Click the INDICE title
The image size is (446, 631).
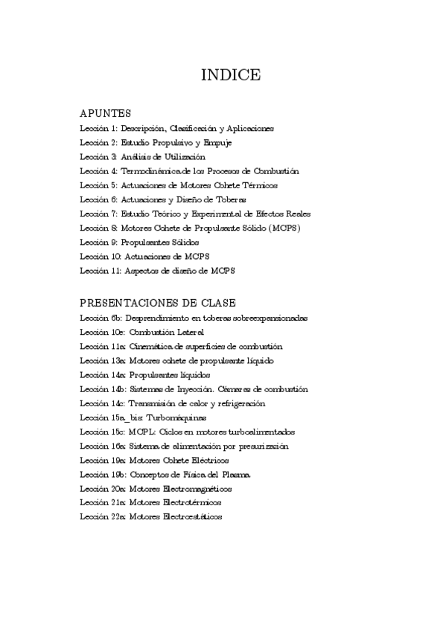click(231, 75)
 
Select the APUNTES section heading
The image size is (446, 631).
click(105, 114)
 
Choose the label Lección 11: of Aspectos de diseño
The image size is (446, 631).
click(101, 271)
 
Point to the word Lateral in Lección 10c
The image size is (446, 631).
click(189, 332)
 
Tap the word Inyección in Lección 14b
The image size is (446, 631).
click(197, 389)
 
